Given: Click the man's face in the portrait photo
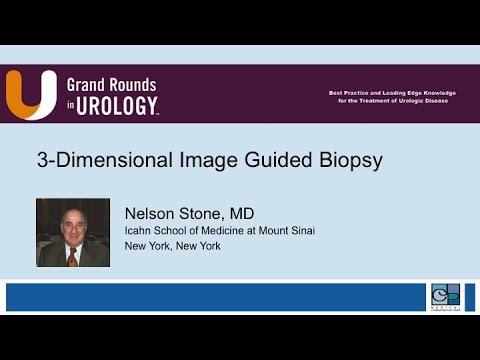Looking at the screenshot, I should click(72, 225).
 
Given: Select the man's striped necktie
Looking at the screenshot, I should click(73, 256).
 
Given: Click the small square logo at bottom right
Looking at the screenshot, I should click(445, 297).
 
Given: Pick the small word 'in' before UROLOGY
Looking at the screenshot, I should click(71, 104).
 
